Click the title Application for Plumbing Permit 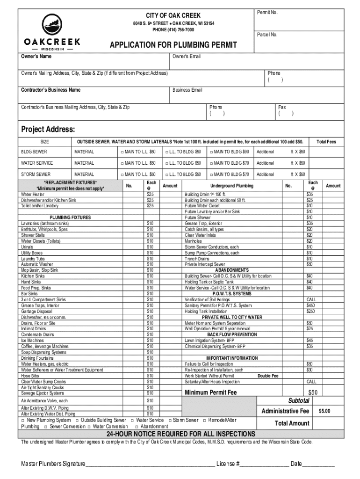click(173, 45)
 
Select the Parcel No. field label click(267, 35)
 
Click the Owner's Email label click(186, 57)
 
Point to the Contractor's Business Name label click(50, 90)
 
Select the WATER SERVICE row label click(37, 163)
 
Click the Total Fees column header click(326, 142)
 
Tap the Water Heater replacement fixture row click(33, 194)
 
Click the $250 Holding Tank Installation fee click(310, 311)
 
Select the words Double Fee click(268, 376)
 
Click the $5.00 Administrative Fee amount click(324, 411)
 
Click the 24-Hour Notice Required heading click(180, 434)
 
